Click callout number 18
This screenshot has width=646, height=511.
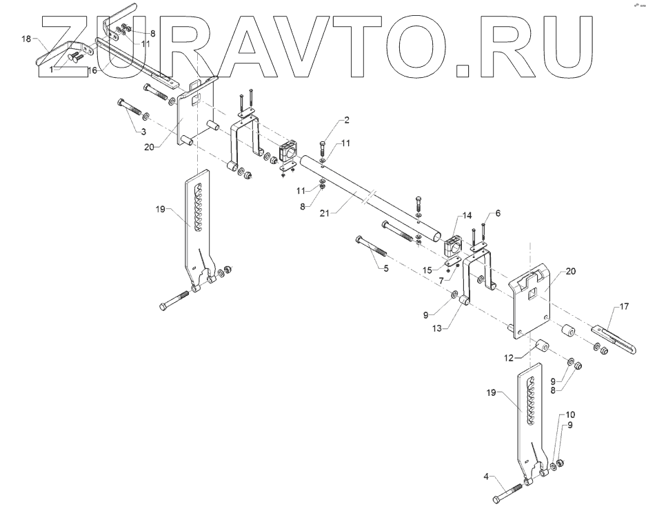26,41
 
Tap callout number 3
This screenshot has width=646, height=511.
143,131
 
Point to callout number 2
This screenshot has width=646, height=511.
347,120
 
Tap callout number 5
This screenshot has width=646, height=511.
384,268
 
